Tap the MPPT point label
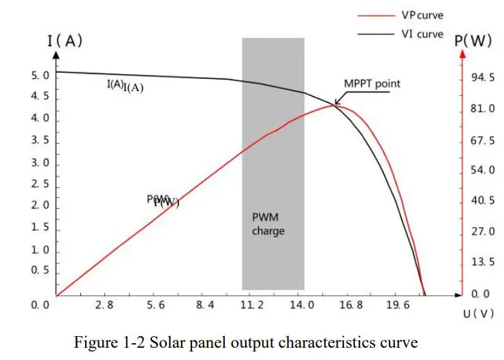coord(372,84)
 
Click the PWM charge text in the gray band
coord(268,224)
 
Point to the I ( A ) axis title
coord(65,40)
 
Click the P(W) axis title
coord(473,40)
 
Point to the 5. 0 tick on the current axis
coord(40,76)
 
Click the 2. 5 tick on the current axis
coord(40,184)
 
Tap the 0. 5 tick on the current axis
coord(40,271)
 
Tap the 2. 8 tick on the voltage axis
coord(104,306)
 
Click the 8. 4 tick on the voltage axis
coord(205,306)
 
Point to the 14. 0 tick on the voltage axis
coord(302,306)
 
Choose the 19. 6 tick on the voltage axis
coord(398,306)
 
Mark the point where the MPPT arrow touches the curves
coord(334,104)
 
